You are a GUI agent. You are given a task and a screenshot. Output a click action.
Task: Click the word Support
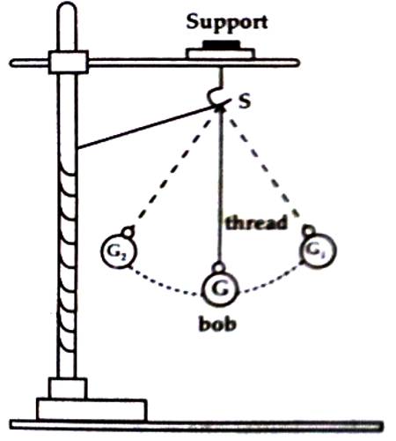(227, 22)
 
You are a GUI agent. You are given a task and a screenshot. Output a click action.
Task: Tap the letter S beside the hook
(245, 102)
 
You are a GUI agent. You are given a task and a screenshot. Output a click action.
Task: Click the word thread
(256, 223)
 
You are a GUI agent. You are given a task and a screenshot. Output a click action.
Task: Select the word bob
(217, 325)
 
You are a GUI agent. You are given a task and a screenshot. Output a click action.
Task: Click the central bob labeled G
(220, 288)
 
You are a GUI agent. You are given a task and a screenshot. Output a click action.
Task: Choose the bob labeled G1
(318, 250)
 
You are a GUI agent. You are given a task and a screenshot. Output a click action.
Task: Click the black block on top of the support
(221, 45)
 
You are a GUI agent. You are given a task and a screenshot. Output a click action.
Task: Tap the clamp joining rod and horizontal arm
(69, 62)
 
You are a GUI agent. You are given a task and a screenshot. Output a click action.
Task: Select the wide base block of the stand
(92, 409)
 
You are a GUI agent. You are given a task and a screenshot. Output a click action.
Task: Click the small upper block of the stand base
(68, 388)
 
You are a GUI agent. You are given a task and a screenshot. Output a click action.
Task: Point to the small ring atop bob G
(219, 267)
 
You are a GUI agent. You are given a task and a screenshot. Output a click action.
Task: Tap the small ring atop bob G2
(128, 232)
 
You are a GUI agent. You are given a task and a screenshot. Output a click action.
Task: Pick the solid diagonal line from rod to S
(148, 127)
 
